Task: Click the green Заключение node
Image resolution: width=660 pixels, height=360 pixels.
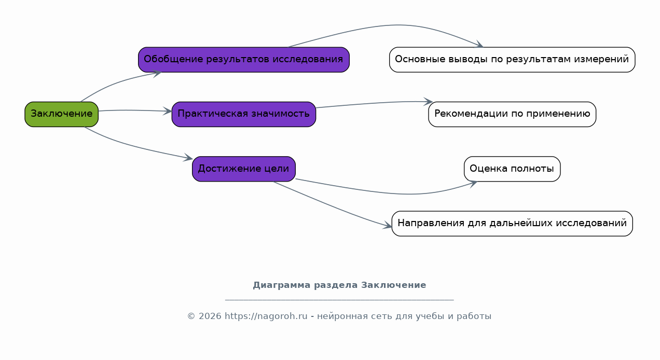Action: point(62,114)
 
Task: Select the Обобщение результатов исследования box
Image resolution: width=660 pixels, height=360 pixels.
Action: point(244,60)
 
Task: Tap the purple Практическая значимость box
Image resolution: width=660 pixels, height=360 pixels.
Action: point(244,114)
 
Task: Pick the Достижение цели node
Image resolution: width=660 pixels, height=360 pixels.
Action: point(244,169)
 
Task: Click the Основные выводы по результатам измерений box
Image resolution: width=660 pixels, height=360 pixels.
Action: point(512,60)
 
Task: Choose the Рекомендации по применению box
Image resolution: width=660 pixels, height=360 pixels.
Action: point(512,114)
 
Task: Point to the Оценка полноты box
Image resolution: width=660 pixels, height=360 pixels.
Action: point(512,169)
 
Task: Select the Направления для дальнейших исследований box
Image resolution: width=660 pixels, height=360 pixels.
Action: point(512,223)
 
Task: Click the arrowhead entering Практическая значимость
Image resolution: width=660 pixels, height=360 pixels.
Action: point(168,111)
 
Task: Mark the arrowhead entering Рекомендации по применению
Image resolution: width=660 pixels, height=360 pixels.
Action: point(429,102)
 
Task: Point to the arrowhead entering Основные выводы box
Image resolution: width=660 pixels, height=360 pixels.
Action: point(479,45)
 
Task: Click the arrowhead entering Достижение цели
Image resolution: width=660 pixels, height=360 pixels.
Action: point(188,158)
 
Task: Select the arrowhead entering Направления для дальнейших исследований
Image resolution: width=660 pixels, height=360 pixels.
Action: point(388,225)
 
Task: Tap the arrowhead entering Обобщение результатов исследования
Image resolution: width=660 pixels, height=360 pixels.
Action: point(157,73)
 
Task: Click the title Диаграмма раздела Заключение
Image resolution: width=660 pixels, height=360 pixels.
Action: point(339,285)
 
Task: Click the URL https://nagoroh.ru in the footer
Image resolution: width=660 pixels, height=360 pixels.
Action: point(266,316)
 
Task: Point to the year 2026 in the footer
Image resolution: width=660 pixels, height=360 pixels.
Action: point(210,316)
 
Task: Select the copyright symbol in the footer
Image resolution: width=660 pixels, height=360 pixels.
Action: point(191,316)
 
